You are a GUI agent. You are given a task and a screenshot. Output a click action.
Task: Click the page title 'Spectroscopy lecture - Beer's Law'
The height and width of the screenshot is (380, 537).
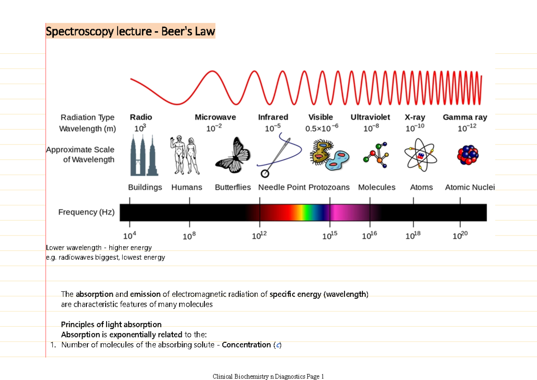130,32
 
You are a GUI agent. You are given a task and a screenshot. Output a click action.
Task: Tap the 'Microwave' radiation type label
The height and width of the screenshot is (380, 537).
215,117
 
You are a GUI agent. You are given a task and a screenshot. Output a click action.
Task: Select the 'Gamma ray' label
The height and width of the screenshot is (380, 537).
465,117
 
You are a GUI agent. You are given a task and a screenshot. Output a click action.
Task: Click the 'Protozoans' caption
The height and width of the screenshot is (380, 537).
329,188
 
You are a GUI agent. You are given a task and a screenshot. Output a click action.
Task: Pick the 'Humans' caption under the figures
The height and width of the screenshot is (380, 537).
187,188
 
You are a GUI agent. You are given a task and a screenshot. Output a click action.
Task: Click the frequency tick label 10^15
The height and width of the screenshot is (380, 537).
330,236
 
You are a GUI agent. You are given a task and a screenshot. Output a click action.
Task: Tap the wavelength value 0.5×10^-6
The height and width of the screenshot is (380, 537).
321,128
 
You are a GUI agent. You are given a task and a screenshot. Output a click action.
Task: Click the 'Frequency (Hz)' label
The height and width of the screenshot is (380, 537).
86,212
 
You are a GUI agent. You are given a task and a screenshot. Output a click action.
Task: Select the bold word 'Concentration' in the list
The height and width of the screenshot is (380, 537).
246,345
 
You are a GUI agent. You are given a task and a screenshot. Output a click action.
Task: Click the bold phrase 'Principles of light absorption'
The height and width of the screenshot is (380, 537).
111,324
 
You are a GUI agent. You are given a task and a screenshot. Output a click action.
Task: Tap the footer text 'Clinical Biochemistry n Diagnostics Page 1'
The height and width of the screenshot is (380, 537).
268,376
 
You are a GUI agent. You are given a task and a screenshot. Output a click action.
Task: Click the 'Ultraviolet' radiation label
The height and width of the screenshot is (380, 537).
370,117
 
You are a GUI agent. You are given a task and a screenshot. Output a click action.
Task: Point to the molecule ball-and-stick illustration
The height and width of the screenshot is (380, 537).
376,156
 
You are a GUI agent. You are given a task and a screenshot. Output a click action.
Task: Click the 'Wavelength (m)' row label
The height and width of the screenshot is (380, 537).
88,129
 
